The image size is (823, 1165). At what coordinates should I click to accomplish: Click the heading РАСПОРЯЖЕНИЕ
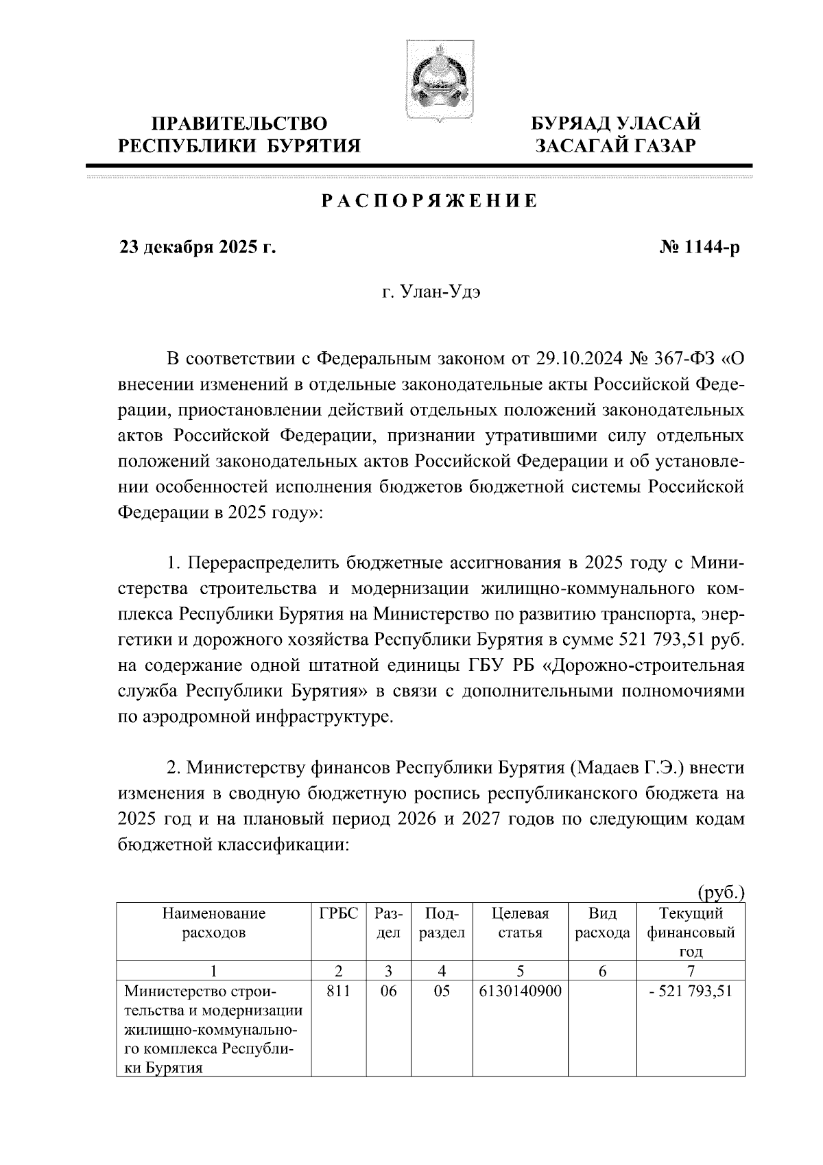pyautogui.click(x=430, y=202)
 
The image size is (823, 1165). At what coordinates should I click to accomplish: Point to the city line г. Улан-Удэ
pyautogui.click(x=431, y=293)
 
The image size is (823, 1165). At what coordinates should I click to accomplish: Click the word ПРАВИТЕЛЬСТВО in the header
pyautogui.click(x=239, y=124)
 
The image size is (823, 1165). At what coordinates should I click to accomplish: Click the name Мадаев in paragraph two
pyautogui.click(x=605, y=766)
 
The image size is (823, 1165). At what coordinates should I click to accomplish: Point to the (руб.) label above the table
pyautogui.click(x=720, y=893)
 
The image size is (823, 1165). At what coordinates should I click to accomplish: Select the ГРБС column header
pyautogui.click(x=339, y=914)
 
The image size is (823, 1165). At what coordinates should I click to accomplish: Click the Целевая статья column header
pyautogui.click(x=521, y=923)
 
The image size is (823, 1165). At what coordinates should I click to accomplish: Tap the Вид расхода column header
pyautogui.click(x=603, y=923)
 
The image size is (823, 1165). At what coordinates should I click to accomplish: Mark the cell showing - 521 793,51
pyautogui.click(x=691, y=991)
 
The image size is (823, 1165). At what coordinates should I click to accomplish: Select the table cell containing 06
pyautogui.click(x=388, y=991)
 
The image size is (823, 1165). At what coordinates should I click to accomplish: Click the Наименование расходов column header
pyautogui.click(x=214, y=923)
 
